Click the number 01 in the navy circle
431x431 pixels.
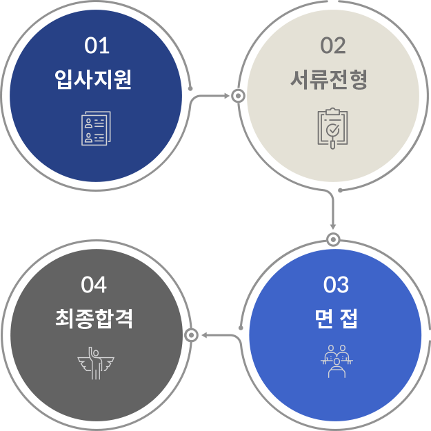pos(97,46)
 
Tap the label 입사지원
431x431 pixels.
pos(94,79)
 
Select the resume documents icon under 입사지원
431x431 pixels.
pos(97,128)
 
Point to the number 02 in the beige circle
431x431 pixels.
pos(333,46)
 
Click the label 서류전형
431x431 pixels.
pos(329,79)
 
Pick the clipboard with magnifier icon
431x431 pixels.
pos(332,128)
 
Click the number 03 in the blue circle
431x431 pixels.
pos(336,285)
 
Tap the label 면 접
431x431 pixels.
pos(336,319)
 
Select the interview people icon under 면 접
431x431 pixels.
pos(337,361)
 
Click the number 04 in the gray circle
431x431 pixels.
pos(94,285)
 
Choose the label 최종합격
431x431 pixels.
pos(94,319)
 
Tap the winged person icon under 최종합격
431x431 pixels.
pos(96,363)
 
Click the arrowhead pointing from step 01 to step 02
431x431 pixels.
pos(227,96)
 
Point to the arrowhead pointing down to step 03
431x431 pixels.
pos(333,227)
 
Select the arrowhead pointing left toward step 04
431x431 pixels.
pos(204,335)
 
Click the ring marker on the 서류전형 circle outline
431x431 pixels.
pos(238,96)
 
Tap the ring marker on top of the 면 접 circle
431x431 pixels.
pos(333,240)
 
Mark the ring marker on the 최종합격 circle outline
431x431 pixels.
pos(191,335)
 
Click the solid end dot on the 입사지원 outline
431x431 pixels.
pos(190,88)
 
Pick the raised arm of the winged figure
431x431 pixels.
pos(91,353)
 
